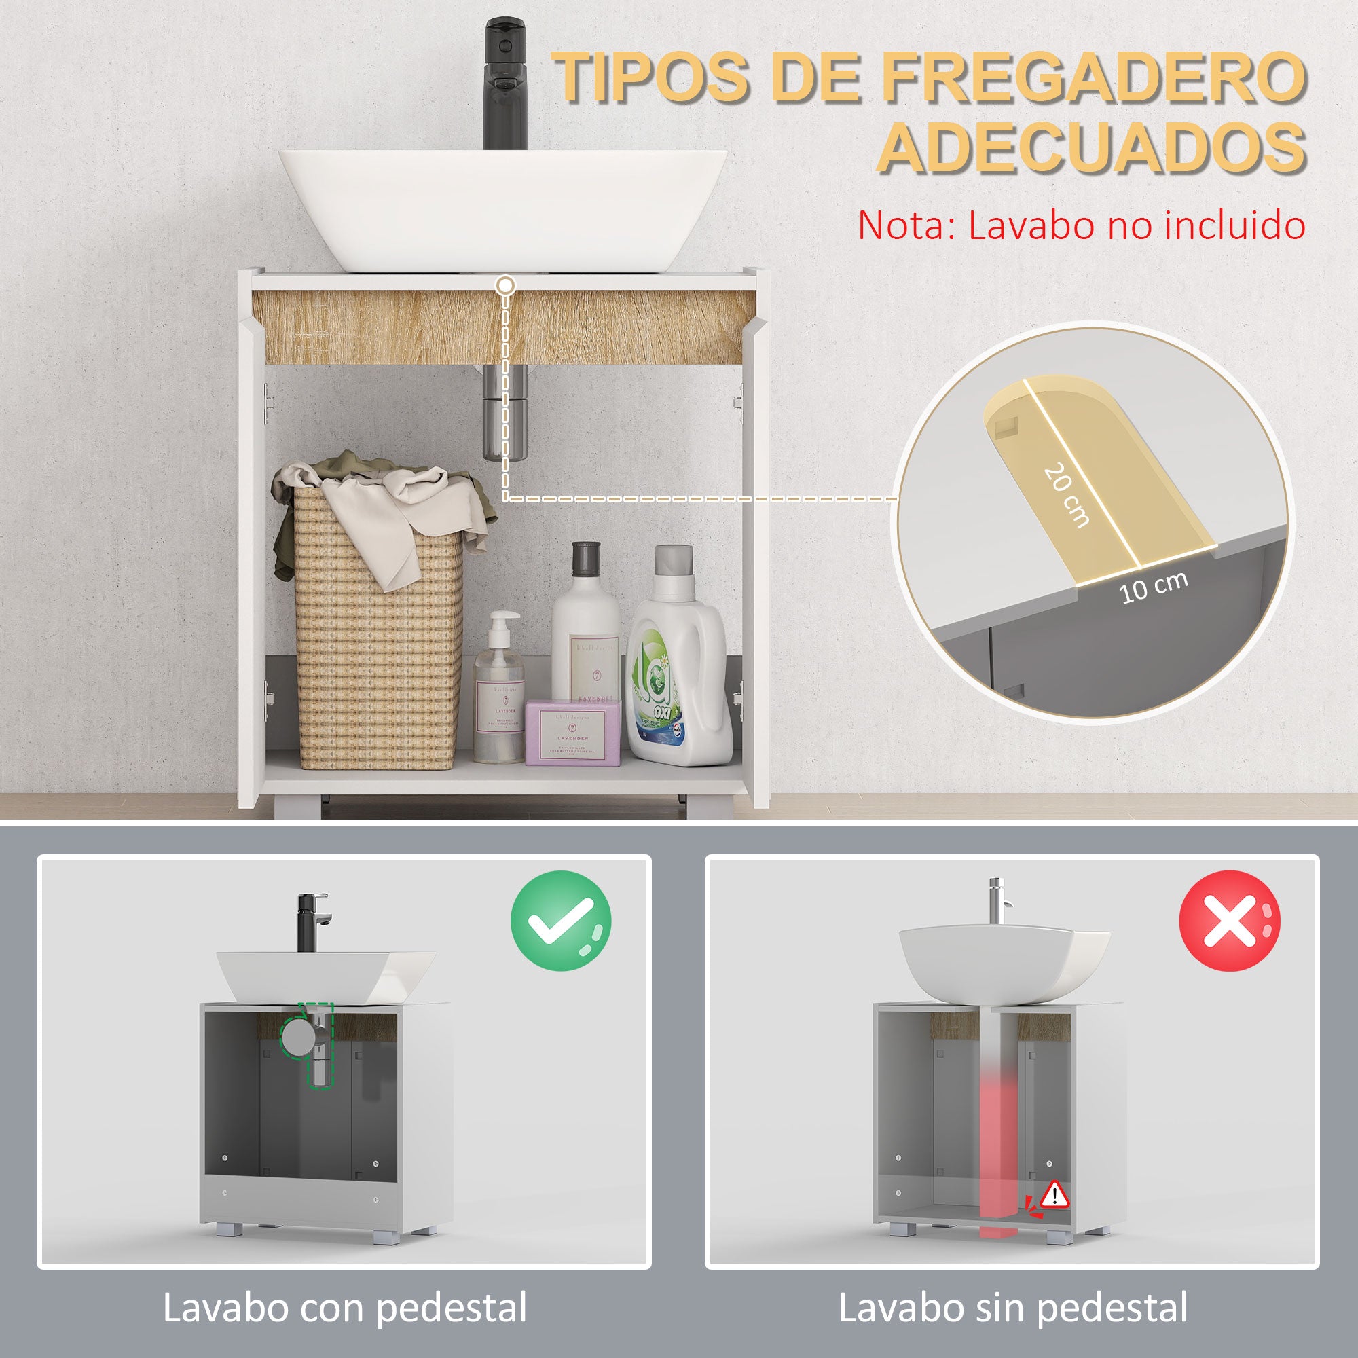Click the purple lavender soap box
coord(573,735)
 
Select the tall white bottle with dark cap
coord(587,633)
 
